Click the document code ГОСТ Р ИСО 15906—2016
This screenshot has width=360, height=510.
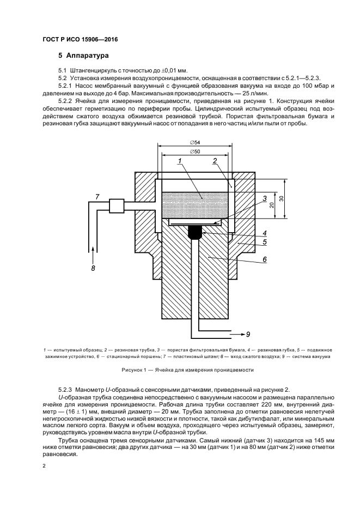(x=80, y=39)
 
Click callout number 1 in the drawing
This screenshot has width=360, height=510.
(x=179, y=161)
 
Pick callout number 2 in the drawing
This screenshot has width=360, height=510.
(x=216, y=161)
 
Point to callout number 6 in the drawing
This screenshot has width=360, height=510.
(x=264, y=260)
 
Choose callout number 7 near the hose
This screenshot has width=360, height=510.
(x=97, y=196)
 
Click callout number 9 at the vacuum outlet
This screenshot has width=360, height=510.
(x=248, y=333)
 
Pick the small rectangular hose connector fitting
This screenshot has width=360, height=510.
(x=117, y=205)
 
